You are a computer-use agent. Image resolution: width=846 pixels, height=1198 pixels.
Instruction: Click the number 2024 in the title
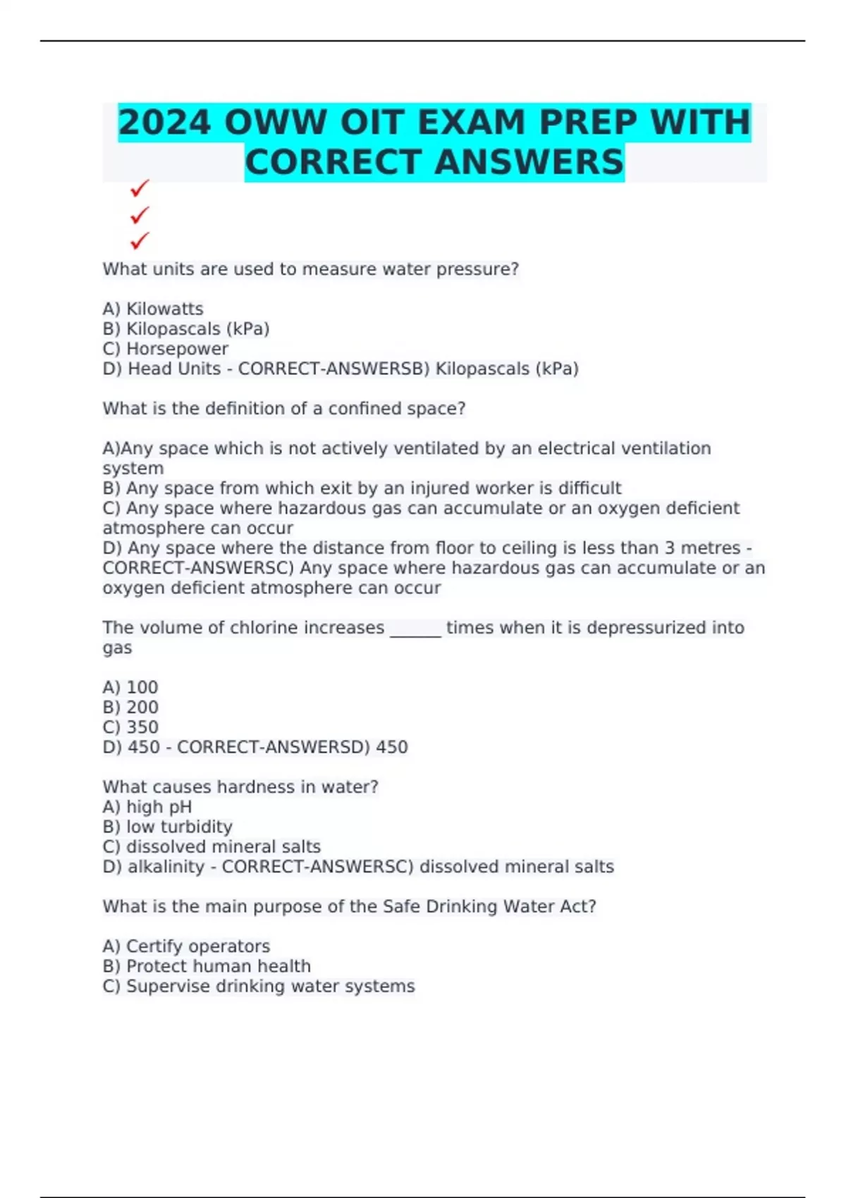coord(164,123)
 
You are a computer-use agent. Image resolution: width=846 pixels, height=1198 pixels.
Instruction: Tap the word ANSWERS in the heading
coord(529,163)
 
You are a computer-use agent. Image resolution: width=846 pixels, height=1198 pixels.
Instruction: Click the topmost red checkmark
coord(140,188)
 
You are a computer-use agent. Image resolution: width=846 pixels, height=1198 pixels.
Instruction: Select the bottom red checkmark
coord(140,241)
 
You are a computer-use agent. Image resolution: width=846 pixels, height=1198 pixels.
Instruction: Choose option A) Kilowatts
coord(153,309)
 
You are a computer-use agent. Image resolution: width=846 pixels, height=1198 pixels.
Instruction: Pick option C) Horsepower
coord(166,349)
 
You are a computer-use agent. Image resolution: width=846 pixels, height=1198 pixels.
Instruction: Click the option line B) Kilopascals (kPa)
coord(186,329)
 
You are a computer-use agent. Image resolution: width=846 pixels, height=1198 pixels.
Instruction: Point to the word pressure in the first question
coord(477,269)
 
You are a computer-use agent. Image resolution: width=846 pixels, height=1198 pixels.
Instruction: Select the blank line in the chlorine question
coord(415,629)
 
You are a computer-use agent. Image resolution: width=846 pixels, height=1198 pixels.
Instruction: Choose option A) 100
coord(130,687)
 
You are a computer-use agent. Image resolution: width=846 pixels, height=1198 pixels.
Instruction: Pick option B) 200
coord(130,708)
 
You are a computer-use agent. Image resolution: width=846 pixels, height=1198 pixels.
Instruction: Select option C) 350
coord(130,727)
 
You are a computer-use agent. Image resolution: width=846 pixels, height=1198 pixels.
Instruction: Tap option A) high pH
coord(147,807)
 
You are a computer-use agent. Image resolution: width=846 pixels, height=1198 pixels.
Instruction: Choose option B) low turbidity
coord(167,827)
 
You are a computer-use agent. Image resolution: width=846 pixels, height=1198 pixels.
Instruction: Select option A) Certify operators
coord(186,946)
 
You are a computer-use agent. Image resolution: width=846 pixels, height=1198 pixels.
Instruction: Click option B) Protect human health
coord(207,966)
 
